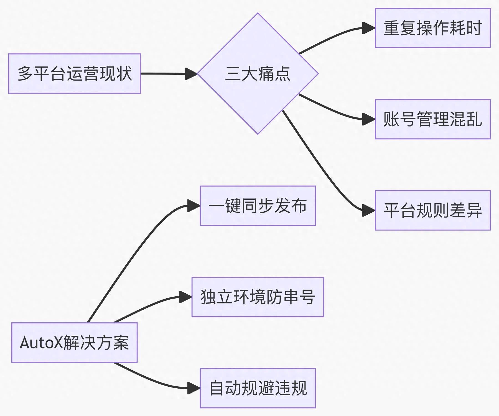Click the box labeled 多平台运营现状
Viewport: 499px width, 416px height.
(x=74, y=74)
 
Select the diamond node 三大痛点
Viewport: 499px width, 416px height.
(x=258, y=74)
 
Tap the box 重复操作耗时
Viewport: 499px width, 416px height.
(x=432, y=28)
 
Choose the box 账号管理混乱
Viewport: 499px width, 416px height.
(x=432, y=119)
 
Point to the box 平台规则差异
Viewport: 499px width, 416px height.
(x=432, y=210)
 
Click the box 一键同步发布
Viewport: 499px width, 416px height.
(x=258, y=206)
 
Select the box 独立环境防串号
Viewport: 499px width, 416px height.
(x=258, y=297)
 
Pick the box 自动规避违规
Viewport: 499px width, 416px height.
(x=258, y=388)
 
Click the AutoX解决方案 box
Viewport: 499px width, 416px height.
(x=74, y=343)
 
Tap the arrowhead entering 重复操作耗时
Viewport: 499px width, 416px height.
(x=369, y=28)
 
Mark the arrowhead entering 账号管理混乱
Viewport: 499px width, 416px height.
(x=369, y=119)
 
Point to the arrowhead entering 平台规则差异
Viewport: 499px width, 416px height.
(x=369, y=211)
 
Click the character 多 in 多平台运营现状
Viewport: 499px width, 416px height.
(x=25, y=74)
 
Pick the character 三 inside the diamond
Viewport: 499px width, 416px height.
(x=233, y=74)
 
